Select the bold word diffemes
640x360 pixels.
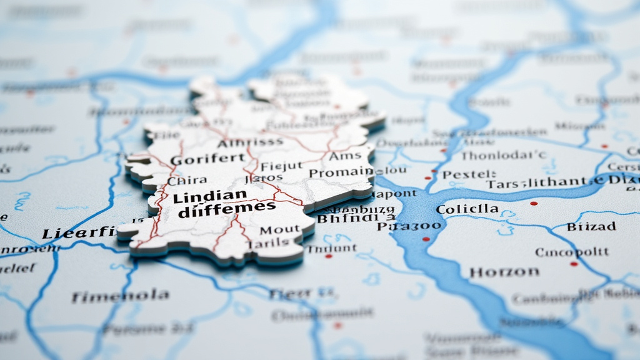pyautogui.click(x=226, y=210)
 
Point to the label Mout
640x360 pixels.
pyautogui.click(x=279, y=229)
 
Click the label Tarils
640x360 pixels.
pyautogui.click(x=268, y=243)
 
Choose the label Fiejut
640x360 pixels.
pyautogui.click(x=281, y=166)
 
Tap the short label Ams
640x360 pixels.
pyautogui.click(x=345, y=156)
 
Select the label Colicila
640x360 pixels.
pyautogui.click(x=467, y=209)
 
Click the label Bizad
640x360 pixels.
pyautogui.click(x=591, y=226)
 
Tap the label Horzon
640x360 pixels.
pyautogui.click(x=504, y=272)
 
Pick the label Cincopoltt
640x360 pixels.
pyautogui.click(x=571, y=252)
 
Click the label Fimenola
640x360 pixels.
pyautogui.click(x=120, y=296)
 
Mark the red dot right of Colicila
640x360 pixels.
pyautogui.click(x=533, y=203)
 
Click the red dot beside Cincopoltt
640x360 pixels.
pyautogui.click(x=574, y=264)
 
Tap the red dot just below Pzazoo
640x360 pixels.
pyautogui.click(x=426, y=239)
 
